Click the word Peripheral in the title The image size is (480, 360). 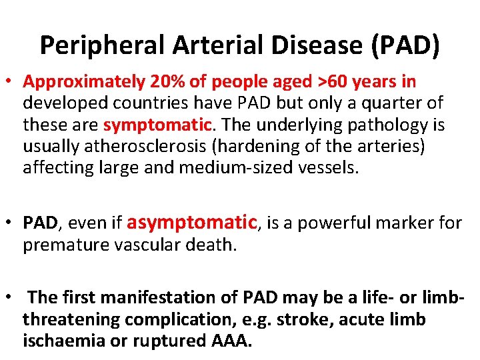(101, 45)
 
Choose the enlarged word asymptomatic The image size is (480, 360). (191, 222)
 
